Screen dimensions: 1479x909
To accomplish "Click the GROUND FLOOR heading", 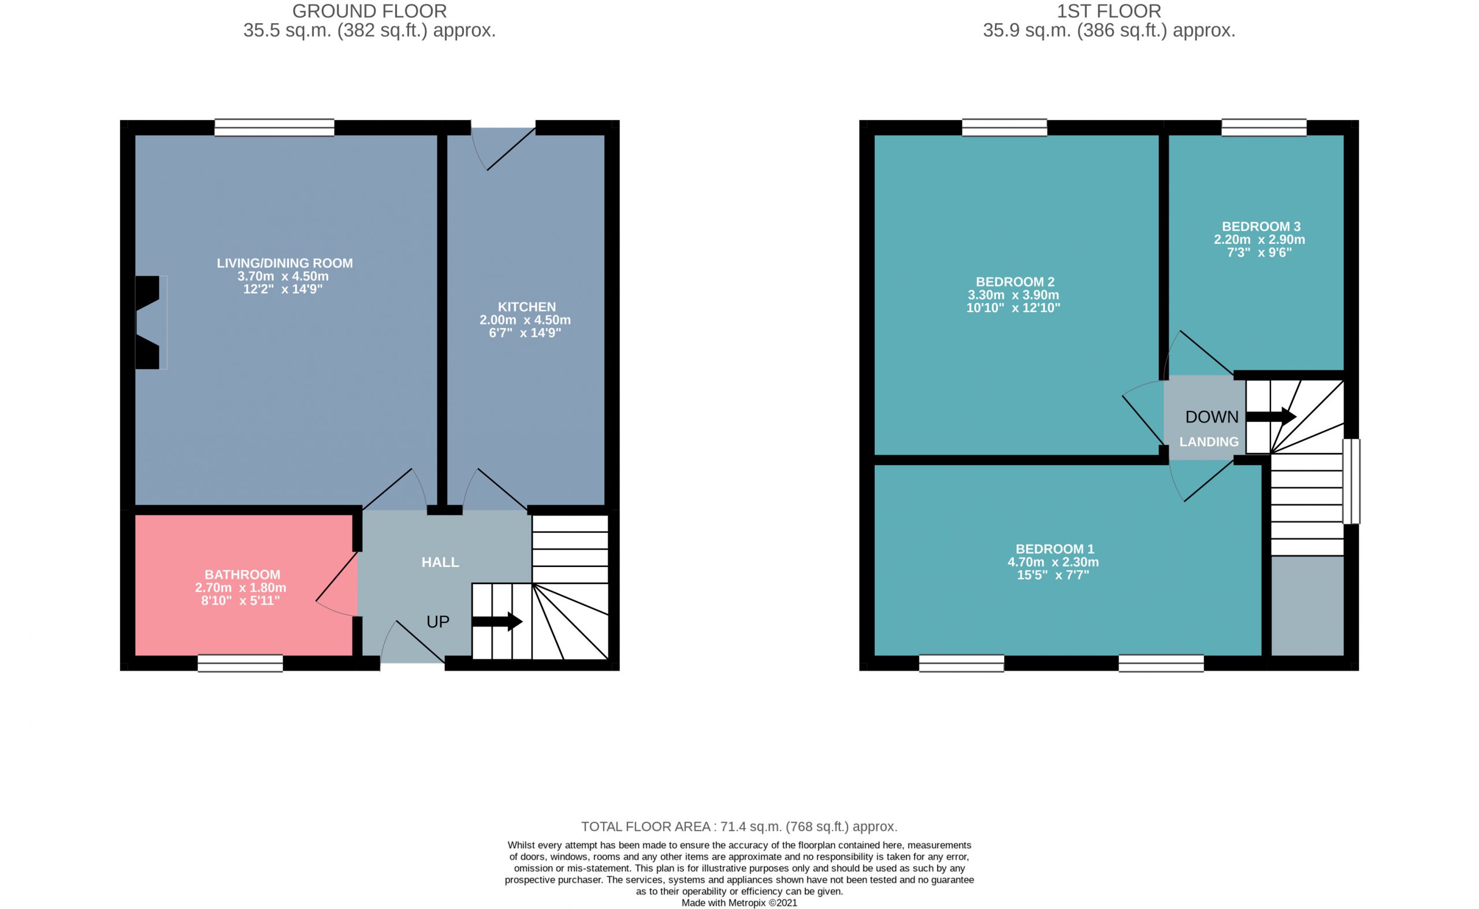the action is [369, 12].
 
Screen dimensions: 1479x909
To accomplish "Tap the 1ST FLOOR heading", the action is [1109, 12].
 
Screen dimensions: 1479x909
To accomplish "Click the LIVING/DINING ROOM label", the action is [285, 264].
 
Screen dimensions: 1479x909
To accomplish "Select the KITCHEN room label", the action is [526, 307].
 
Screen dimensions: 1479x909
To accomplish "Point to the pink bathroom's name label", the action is [242, 575].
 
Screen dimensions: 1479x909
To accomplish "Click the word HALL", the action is [440, 562].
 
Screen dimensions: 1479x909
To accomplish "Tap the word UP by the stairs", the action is [437, 622].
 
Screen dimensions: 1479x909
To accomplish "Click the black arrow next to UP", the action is [497, 622].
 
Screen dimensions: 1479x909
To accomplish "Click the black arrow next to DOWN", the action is [1271, 417].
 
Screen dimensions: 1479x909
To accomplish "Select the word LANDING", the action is [1209, 442].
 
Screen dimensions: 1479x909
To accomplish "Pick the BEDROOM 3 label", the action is [1261, 227].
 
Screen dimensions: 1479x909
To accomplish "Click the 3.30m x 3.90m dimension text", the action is [1013, 295].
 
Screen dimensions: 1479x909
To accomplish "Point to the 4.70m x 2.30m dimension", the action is [1053, 562].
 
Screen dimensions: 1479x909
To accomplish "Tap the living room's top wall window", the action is [274, 128].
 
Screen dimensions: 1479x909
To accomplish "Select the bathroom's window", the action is [240, 663].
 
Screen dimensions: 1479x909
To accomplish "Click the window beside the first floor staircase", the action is [1351, 481].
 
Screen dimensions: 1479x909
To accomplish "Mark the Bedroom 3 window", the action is [1264, 128].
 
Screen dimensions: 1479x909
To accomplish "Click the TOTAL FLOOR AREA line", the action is [739, 826].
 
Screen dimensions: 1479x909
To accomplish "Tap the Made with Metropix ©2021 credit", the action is [739, 903].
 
